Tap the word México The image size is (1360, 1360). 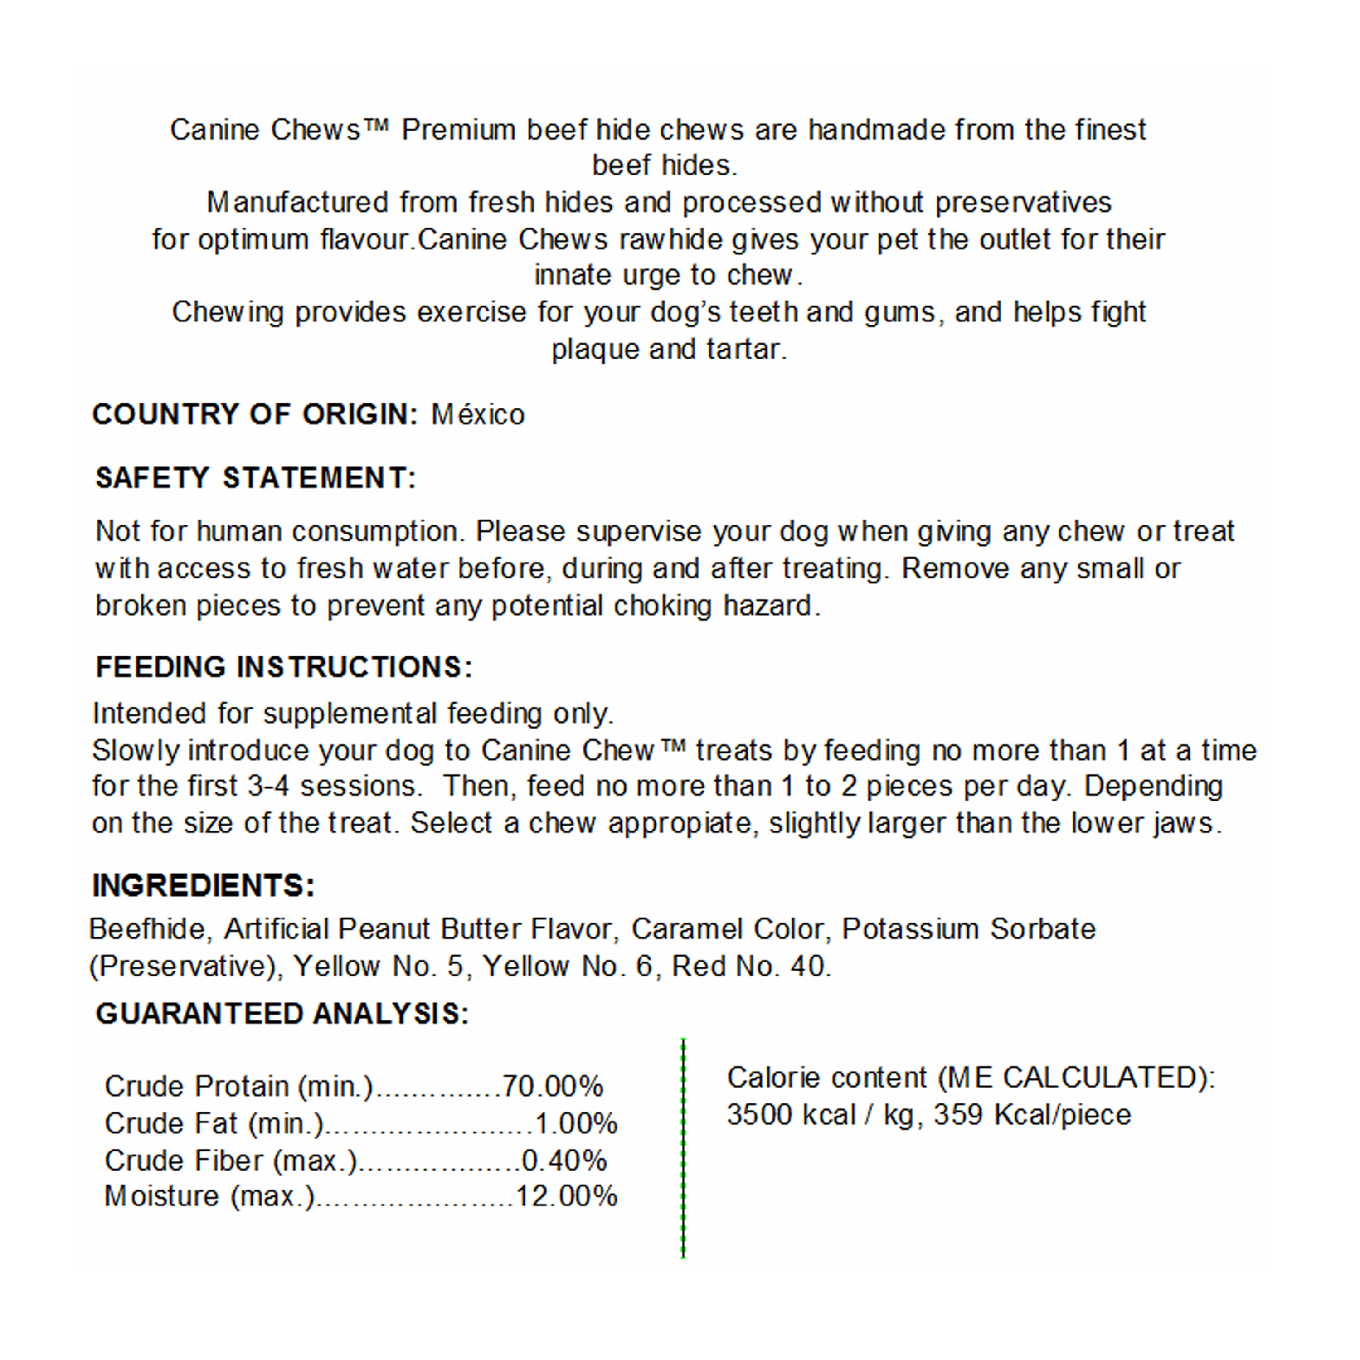click(478, 415)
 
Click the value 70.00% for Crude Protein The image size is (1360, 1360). click(552, 1086)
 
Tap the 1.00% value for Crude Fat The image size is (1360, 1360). click(576, 1123)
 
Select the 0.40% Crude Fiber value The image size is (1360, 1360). click(564, 1160)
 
